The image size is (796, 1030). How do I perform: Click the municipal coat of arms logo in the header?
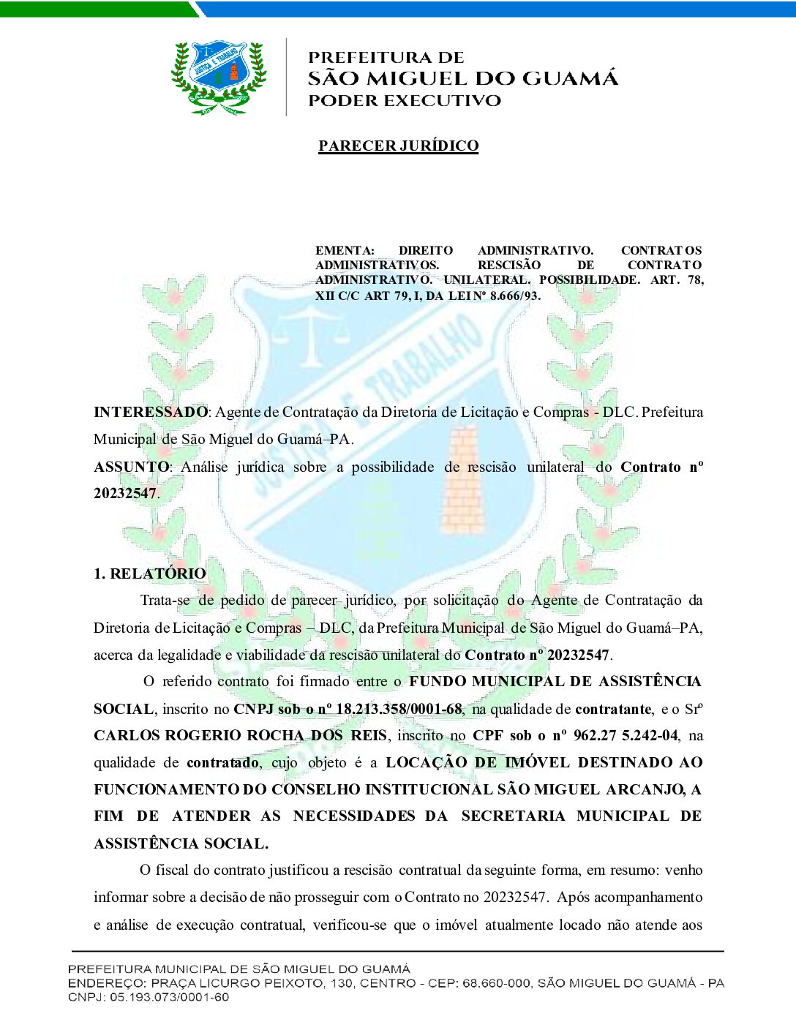click(219, 78)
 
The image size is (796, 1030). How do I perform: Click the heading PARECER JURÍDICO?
click(398, 146)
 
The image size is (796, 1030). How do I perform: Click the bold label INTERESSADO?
click(151, 412)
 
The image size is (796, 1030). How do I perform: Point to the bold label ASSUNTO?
click(131, 467)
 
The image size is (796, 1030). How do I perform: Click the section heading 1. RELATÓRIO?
click(150, 574)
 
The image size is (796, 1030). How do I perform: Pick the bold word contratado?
click(222, 762)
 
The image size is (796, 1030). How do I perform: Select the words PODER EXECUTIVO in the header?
click(405, 100)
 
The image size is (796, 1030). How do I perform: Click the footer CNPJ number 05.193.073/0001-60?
click(169, 997)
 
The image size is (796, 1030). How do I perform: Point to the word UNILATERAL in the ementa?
click(486, 280)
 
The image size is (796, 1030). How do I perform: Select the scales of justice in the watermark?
click(313, 333)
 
